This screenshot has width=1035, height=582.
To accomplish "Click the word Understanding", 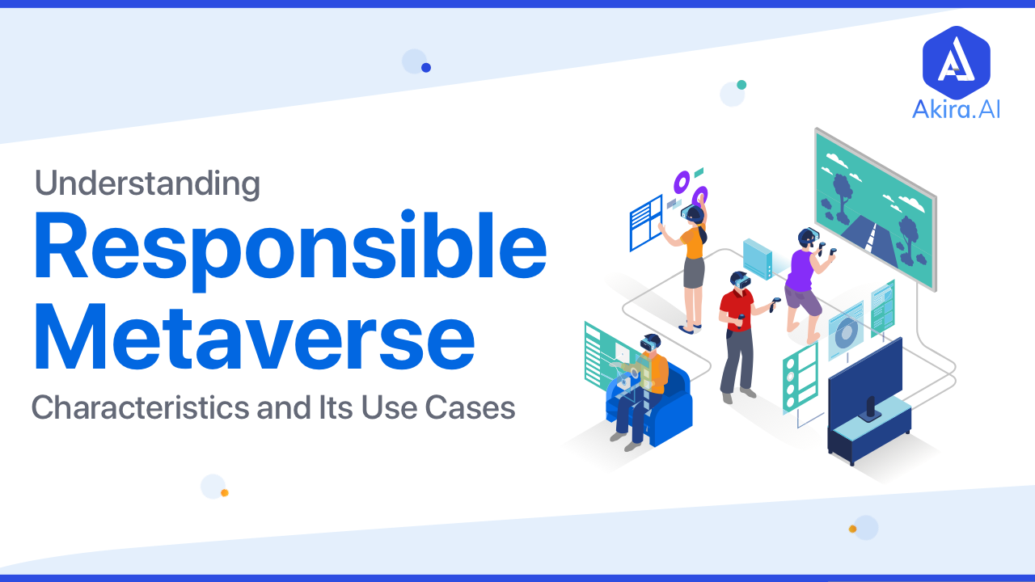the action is [147, 183].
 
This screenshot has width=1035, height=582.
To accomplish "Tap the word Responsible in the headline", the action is [290, 251].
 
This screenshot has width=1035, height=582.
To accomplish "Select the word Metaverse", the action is [255, 338].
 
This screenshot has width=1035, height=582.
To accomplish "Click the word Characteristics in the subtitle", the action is [140, 407].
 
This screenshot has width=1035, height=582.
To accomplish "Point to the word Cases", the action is [470, 407].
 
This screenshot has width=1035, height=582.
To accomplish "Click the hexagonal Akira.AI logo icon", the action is [956, 62].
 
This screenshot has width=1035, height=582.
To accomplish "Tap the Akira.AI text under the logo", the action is [956, 110].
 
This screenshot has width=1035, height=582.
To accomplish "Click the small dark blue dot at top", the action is [426, 68].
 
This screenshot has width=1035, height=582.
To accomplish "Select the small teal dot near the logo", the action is [741, 85].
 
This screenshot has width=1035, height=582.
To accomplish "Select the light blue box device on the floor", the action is [758, 259].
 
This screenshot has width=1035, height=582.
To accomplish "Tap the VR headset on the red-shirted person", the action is [742, 280].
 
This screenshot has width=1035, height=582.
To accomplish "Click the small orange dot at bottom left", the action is [225, 493].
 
